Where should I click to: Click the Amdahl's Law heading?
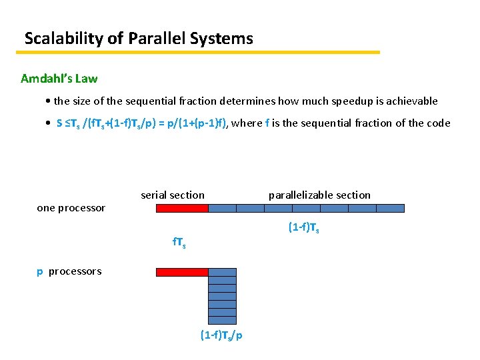(59, 79)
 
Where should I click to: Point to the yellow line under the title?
(199, 52)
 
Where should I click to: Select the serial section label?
(173, 195)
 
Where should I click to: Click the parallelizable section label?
(319, 195)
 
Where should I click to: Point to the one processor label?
(71, 208)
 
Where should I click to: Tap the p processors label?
(69, 271)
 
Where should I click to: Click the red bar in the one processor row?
(182, 208)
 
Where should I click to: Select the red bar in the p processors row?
(182, 272)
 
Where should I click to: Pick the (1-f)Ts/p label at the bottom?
(221, 335)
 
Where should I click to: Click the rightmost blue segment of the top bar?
(390, 208)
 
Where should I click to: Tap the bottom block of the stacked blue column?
(223, 320)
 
